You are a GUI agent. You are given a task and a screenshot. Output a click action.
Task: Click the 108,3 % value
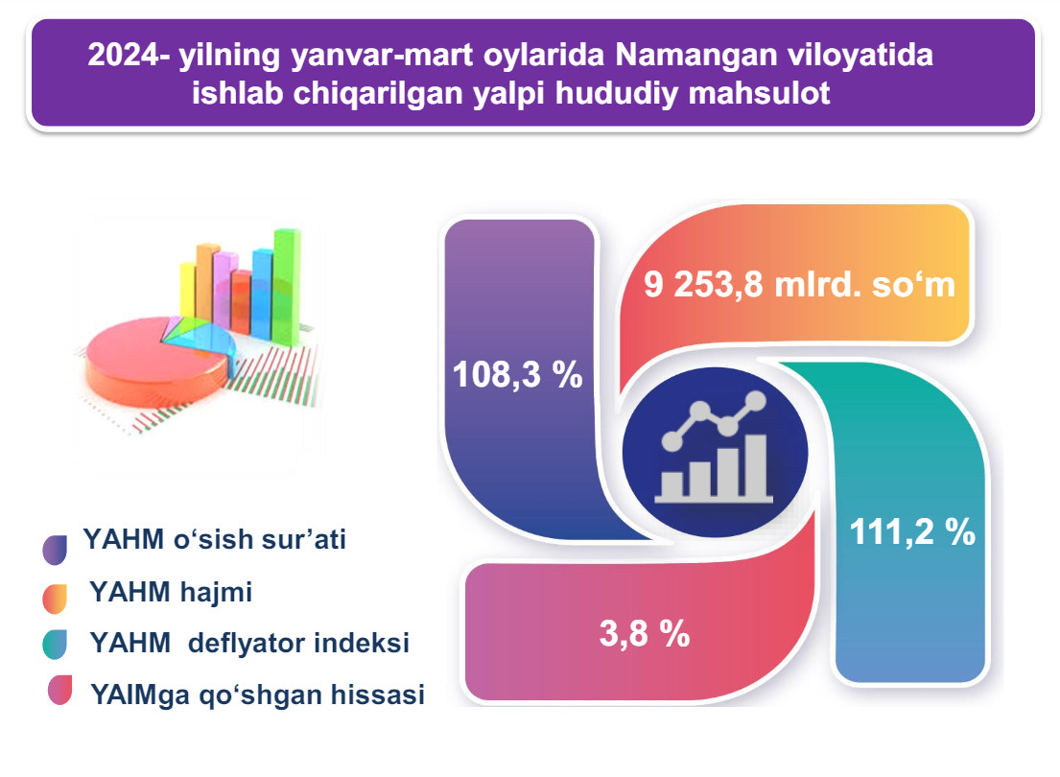[517, 374]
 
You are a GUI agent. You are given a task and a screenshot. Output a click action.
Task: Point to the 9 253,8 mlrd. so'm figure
[799, 284]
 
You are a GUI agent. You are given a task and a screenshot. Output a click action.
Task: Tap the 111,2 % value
[912, 531]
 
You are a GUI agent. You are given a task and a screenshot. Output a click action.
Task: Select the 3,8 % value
[645, 634]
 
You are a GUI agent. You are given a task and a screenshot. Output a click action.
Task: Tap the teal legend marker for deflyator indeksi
[55, 645]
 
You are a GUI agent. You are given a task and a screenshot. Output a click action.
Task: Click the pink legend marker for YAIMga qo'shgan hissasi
[59, 690]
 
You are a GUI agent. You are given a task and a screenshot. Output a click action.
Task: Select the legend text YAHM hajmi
[171, 593]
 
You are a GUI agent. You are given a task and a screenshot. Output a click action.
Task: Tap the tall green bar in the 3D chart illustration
[286, 288]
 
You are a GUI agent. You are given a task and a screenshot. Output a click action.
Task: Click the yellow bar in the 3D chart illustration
[188, 291]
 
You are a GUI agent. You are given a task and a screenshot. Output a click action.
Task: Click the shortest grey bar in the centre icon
[672, 484]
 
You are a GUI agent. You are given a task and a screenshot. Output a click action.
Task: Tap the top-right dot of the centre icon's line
[756, 402]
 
